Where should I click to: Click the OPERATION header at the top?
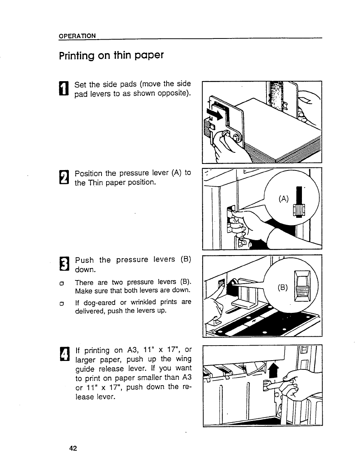[77, 36]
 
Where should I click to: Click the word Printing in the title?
[77, 56]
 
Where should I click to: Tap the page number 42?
[73, 448]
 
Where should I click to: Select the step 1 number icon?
[64, 88]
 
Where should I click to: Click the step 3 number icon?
[64, 264]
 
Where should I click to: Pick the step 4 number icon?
[64, 354]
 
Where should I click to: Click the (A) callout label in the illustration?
[283, 199]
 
